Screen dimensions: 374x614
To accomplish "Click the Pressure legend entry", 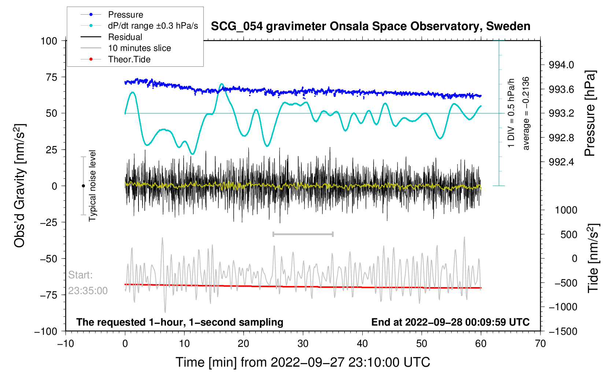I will click(125, 15).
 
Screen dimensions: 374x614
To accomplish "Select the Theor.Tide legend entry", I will click(129, 59).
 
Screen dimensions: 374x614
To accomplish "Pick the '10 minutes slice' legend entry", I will click(139, 48).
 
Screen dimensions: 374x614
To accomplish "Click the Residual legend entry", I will click(125, 37).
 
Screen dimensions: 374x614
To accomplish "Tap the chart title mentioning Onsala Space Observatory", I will click(370, 26).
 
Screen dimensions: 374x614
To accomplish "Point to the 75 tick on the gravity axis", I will click(49, 77).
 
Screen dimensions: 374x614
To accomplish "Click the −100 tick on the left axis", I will click(46, 331).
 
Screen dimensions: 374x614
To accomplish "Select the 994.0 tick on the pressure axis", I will click(561, 65).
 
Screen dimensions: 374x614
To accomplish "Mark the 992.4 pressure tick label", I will click(561, 162).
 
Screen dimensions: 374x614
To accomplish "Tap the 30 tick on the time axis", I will click(303, 344).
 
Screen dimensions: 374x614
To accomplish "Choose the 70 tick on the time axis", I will click(540, 344).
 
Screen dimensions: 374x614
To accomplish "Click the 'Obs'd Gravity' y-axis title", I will click(19, 186).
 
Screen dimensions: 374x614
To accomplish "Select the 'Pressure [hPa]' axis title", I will click(590, 114).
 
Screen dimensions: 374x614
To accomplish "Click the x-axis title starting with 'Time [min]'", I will click(303, 362).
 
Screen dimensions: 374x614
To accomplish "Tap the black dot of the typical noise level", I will click(83, 186).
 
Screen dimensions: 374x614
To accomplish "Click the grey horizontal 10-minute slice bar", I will click(303, 234).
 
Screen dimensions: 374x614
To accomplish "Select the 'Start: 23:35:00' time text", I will click(88, 283).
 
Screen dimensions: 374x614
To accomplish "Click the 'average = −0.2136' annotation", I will click(526, 113).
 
